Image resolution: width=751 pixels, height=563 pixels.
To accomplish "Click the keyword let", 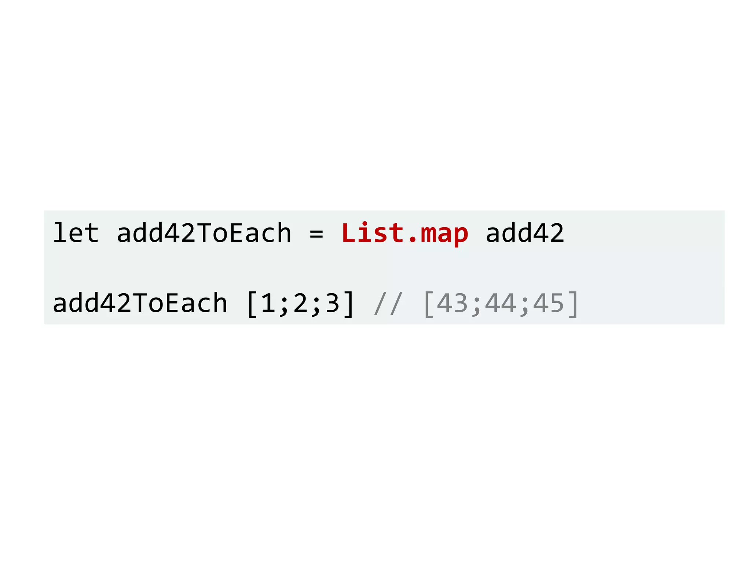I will [x=76, y=233].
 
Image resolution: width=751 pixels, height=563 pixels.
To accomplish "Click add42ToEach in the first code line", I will [x=204, y=233].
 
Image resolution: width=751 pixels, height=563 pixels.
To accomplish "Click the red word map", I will [x=444, y=235].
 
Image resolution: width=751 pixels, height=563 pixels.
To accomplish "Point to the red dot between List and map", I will [x=412, y=241].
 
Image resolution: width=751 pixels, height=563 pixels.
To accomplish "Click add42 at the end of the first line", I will [x=525, y=233].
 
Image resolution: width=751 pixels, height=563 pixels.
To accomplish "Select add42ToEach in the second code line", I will [x=140, y=303].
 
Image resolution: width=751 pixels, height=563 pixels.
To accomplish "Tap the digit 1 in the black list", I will [x=268, y=303].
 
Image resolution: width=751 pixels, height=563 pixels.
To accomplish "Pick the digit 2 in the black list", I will [x=300, y=303].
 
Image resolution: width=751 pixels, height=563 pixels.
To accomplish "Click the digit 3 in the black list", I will [x=333, y=303].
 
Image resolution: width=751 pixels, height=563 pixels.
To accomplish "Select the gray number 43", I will [x=452, y=303].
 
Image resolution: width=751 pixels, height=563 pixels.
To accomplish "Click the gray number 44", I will [x=500, y=303].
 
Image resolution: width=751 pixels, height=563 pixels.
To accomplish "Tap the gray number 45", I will [x=548, y=303].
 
